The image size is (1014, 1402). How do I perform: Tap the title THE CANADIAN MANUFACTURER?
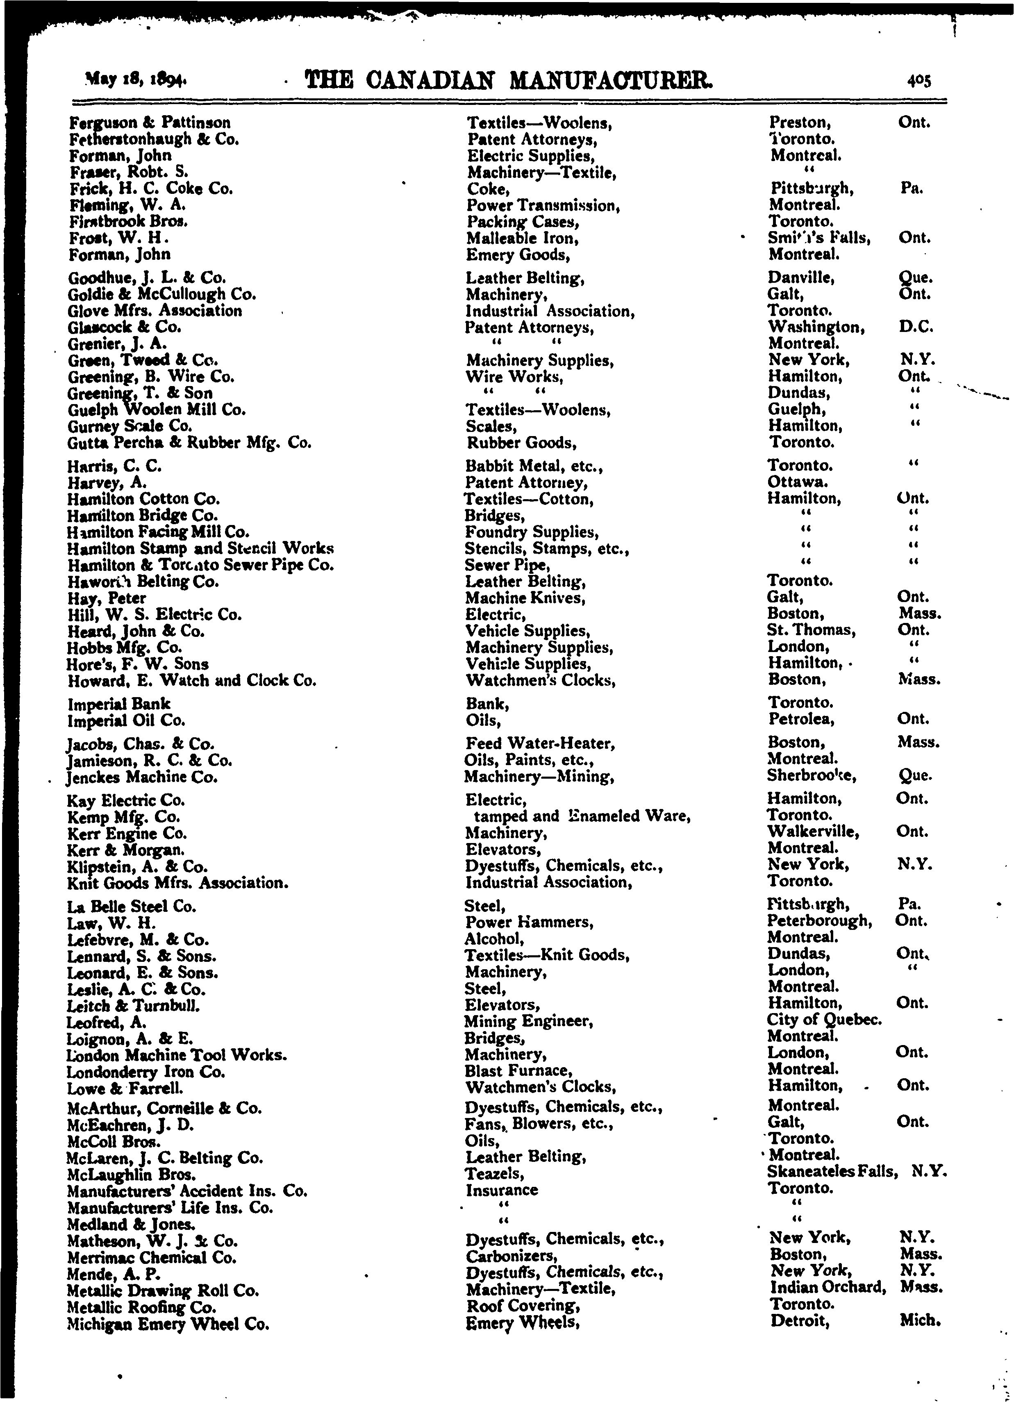[x=508, y=80]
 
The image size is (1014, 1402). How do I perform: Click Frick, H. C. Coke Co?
[x=151, y=189]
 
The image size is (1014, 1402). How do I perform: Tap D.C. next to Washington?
[x=915, y=326]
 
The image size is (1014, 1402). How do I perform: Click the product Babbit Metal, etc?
[x=534, y=466]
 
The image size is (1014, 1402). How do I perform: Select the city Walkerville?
[x=812, y=832]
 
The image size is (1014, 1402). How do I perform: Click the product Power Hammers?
[x=529, y=922]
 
